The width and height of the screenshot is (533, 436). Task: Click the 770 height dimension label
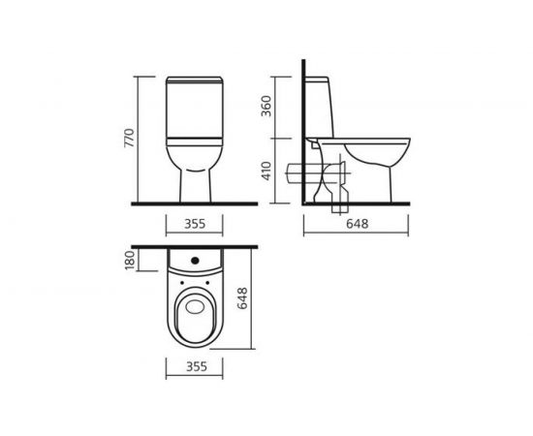point(130,138)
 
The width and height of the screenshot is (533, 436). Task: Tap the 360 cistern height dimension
point(266,106)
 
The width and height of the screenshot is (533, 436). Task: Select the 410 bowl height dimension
point(266,171)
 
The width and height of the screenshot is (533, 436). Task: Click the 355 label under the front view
point(195,224)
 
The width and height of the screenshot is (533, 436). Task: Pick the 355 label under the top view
point(197,366)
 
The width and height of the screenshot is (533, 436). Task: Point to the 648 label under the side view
point(358,224)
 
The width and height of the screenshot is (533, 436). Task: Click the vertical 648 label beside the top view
point(242,298)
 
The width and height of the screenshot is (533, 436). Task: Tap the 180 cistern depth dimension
point(130,261)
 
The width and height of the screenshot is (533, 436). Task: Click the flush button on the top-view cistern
point(195,261)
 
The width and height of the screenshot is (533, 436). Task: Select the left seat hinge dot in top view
point(182,282)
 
